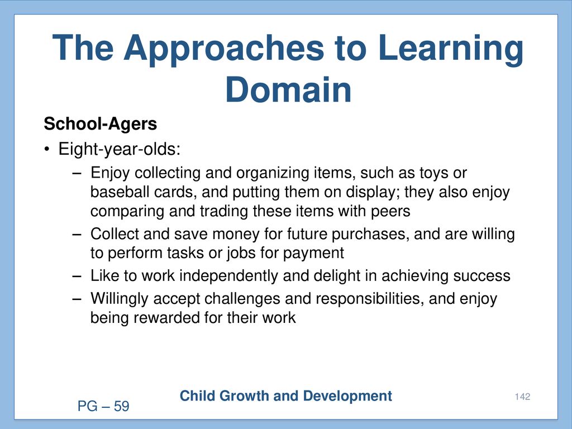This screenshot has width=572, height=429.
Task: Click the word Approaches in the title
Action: pyautogui.click(x=223, y=49)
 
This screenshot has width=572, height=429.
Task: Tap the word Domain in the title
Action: pyautogui.click(x=288, y=90)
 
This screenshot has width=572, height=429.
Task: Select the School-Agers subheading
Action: pyautogui.click(x=101, y=124)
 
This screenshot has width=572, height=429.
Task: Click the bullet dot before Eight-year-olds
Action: pyautogui.click(x=46, y=150)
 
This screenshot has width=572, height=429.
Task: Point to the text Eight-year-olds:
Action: pyautogui.click(x=120, y=149)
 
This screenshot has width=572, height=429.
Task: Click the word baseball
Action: pyautogui.click(x=120, y=192)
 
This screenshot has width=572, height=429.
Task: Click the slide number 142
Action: pyautogui.click(x=522, y=397)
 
